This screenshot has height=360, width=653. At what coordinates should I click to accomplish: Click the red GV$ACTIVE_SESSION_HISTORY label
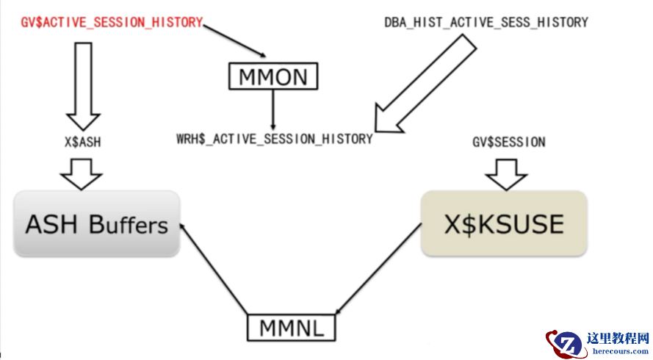pyautogui.click(x=110, y=23)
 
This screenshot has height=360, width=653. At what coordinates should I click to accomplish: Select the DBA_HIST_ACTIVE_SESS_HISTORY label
pyautogui.click(x=486, y=23)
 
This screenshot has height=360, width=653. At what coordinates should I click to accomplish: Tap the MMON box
pyautogui.click(x=273, y=76)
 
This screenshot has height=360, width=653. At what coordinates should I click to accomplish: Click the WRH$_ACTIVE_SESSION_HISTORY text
pyautogui.click(x=274, y=138)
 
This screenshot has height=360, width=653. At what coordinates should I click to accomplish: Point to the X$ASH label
pyautogui.click(x=82, y=143)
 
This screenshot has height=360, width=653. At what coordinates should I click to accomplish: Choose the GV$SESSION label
pyautogui.click(x=508, y=143)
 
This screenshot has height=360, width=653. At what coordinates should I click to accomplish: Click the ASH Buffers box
pyautogui.click(x=96, y=224)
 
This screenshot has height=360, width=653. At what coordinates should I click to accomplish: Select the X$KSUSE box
pyautogui.click(x=503, y=224)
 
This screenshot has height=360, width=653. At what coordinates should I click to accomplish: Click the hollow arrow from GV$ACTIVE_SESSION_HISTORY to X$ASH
pyautogui.click(x=82, y=84)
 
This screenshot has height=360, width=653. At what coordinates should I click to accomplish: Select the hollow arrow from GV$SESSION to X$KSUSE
pyautogui.click(x=507, y=173)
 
